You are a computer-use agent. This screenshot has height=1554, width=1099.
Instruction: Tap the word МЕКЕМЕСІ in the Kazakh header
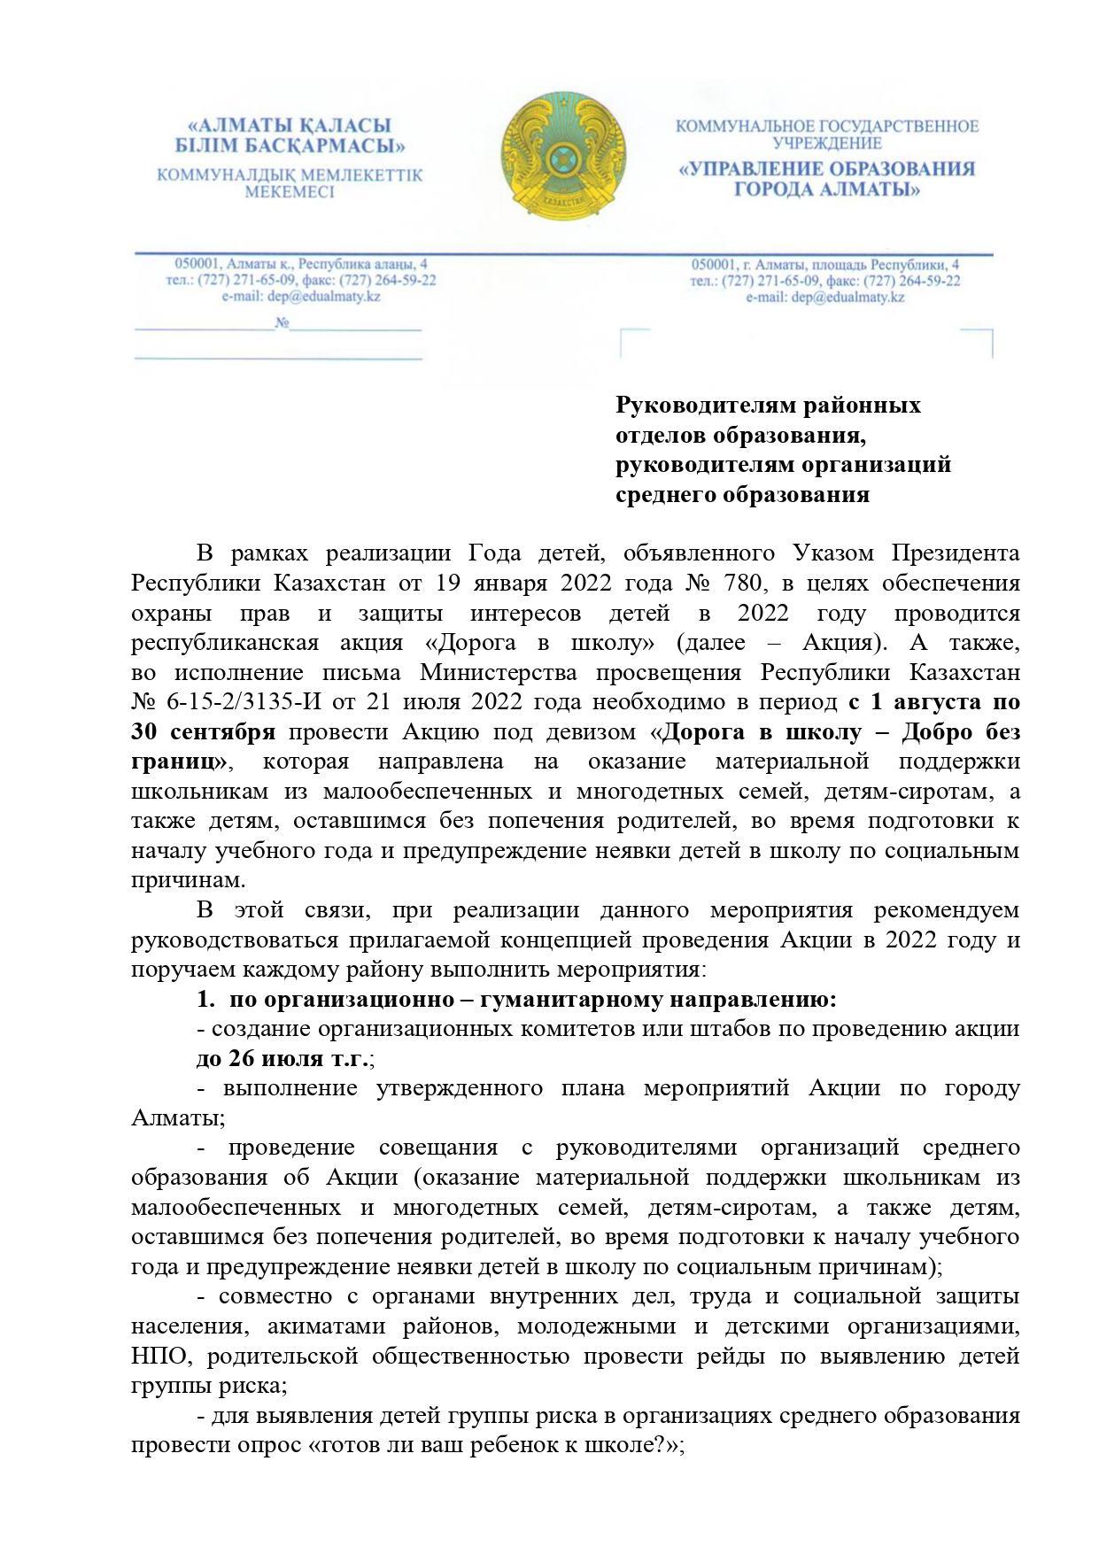coord(290,192)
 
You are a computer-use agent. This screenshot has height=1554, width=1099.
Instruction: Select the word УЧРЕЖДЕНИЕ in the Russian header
coord(827,143)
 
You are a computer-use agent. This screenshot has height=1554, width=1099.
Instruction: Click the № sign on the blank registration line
coord(283,324)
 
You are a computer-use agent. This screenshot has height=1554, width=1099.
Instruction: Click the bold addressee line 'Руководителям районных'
coord(768,406)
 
